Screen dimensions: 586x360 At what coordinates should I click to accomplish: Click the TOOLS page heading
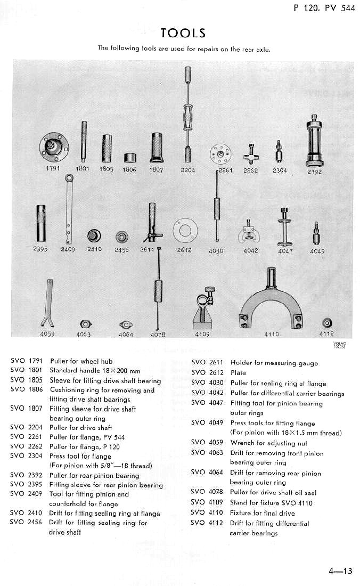coord(183,33)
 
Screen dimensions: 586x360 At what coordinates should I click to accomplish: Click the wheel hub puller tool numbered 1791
coord(55,145)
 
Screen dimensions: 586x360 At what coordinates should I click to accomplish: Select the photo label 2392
coord(314,172)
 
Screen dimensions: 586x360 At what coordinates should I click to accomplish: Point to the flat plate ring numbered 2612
coord(184,230)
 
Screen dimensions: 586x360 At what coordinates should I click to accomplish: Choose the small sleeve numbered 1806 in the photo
coord(130,159)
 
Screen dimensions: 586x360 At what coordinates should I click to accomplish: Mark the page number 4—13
coord(340,572)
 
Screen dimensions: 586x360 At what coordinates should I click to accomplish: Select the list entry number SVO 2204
coord(26,427)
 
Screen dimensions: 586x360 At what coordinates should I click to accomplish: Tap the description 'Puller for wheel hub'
coord(81,361)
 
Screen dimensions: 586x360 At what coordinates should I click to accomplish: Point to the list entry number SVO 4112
coord(206,523)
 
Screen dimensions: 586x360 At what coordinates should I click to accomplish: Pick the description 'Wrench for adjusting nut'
coord(268,443)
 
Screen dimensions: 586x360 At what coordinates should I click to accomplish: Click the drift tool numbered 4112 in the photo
coord(326,323)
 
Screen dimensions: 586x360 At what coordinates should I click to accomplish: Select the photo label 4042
coord(250,251)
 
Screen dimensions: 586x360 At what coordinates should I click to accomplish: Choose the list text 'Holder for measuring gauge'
coord(274,363)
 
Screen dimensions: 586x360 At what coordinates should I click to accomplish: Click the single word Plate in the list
coord(238,373)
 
